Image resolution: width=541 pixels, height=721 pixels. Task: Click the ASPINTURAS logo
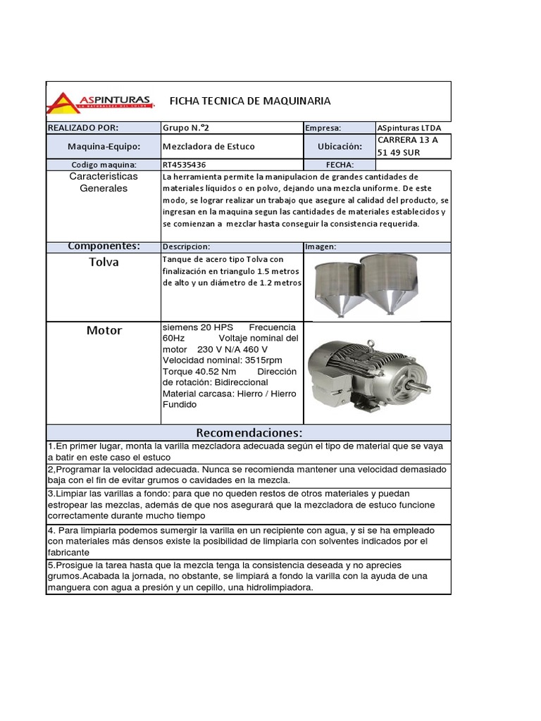pos(100,102)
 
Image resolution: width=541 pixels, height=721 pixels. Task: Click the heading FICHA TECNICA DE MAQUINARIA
pos(250,101)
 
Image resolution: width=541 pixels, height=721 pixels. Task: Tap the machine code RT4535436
pos(185,164)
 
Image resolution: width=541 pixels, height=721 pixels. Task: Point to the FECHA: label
pos(340,164)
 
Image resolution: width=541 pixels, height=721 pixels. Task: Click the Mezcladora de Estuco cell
pos(209,146)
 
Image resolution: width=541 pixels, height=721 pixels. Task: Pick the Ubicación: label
pos(340,146)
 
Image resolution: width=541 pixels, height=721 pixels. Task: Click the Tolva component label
pos(104,262)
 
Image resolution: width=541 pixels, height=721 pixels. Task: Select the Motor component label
pos(104,330)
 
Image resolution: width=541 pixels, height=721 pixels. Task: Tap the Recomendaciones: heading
pos(249,432)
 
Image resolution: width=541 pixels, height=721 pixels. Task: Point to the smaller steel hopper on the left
pos(333,285)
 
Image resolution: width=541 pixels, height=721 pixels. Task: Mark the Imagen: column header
pos(321,246)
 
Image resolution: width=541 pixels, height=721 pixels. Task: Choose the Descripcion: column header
pos(186,246)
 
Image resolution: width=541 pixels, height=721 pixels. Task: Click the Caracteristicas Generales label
pos(104,182)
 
